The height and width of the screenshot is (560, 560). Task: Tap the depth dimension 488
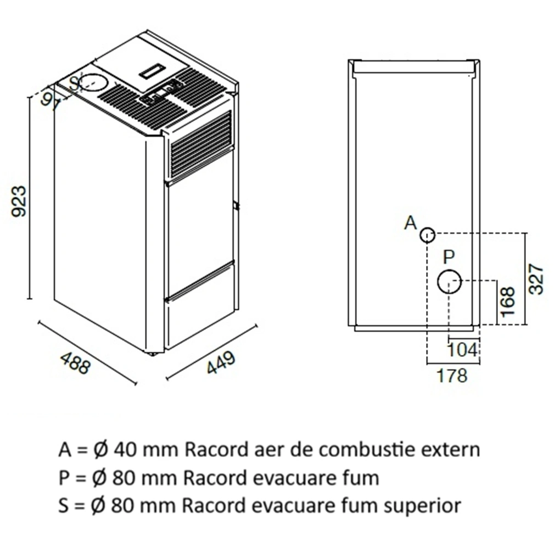click(x=74, y=363)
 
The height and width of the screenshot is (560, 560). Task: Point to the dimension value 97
click(x=51, y=102)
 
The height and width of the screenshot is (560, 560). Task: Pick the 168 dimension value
click(x=508, y=301)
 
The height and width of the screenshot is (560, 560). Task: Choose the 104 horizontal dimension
click(x=462, y=349)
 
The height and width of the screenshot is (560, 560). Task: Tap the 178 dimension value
click(x=452, y=376)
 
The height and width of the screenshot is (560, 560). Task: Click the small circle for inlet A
click(x=428, y=236)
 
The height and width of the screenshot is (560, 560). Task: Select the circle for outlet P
click(x=449, y=282)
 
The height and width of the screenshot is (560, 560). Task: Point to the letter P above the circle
click(x=449, y=257)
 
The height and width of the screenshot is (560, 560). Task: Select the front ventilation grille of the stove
click(x=201, y=144)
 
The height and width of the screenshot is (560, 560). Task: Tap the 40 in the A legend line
click(x=123, y=449)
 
